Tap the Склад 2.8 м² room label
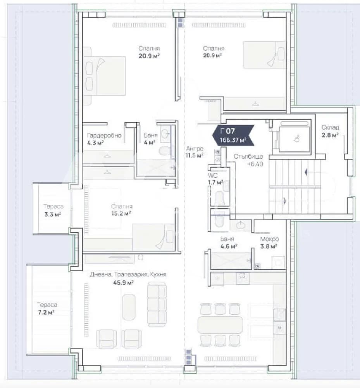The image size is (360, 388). coord(330,131)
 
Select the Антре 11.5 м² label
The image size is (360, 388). coord(195,152)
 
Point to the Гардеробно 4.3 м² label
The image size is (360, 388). coord(104,139)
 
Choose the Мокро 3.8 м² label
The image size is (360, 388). coord(269,242)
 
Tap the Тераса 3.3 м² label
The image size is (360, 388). coord(53,210)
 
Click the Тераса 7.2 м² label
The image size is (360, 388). coord(47,308)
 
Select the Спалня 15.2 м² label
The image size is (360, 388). coord(122,210)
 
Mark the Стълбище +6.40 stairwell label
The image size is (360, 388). coord(248,160)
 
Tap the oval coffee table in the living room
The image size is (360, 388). coord(129,307)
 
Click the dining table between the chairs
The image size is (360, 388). coord(220,325)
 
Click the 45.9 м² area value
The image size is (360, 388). coord(123,282)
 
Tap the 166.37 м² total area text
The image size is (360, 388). coord(233,140)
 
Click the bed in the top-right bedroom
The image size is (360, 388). coord(264,54)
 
